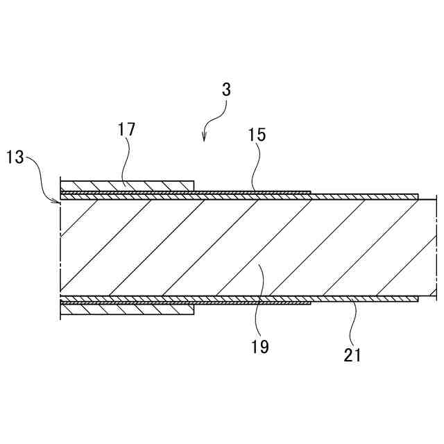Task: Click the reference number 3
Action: pyautogui.click(x=227, y=89)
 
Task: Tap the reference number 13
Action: pyautogui.click(x=15, y=157)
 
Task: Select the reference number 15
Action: pyautogui.click(x=257, y=135)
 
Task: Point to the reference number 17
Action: pyautogui.click(x=127, y=129)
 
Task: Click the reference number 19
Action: pyautogui.click(x=261, y=346)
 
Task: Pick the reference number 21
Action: pyautogui.click(x=352, y=356)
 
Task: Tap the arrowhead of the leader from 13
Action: pyautogui.click(x=59, y=200)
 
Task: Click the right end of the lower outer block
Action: pyautogui.click(x=193, y=309)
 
